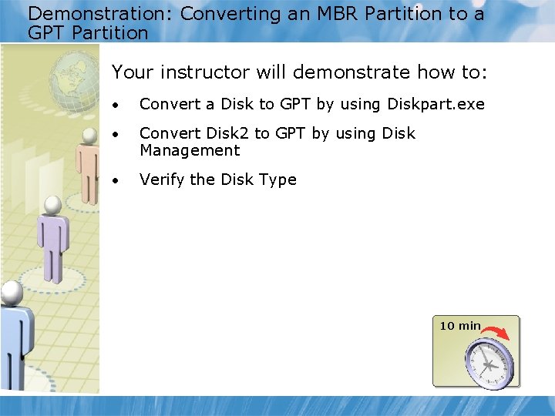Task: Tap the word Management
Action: [x=190, y=150]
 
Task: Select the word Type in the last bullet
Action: [x=278, y=179]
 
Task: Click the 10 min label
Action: [x=459, y=326]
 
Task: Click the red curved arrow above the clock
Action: [x=498, y=331]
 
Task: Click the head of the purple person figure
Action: [x=51, y=205]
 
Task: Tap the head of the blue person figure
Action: [x=12, y=291]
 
